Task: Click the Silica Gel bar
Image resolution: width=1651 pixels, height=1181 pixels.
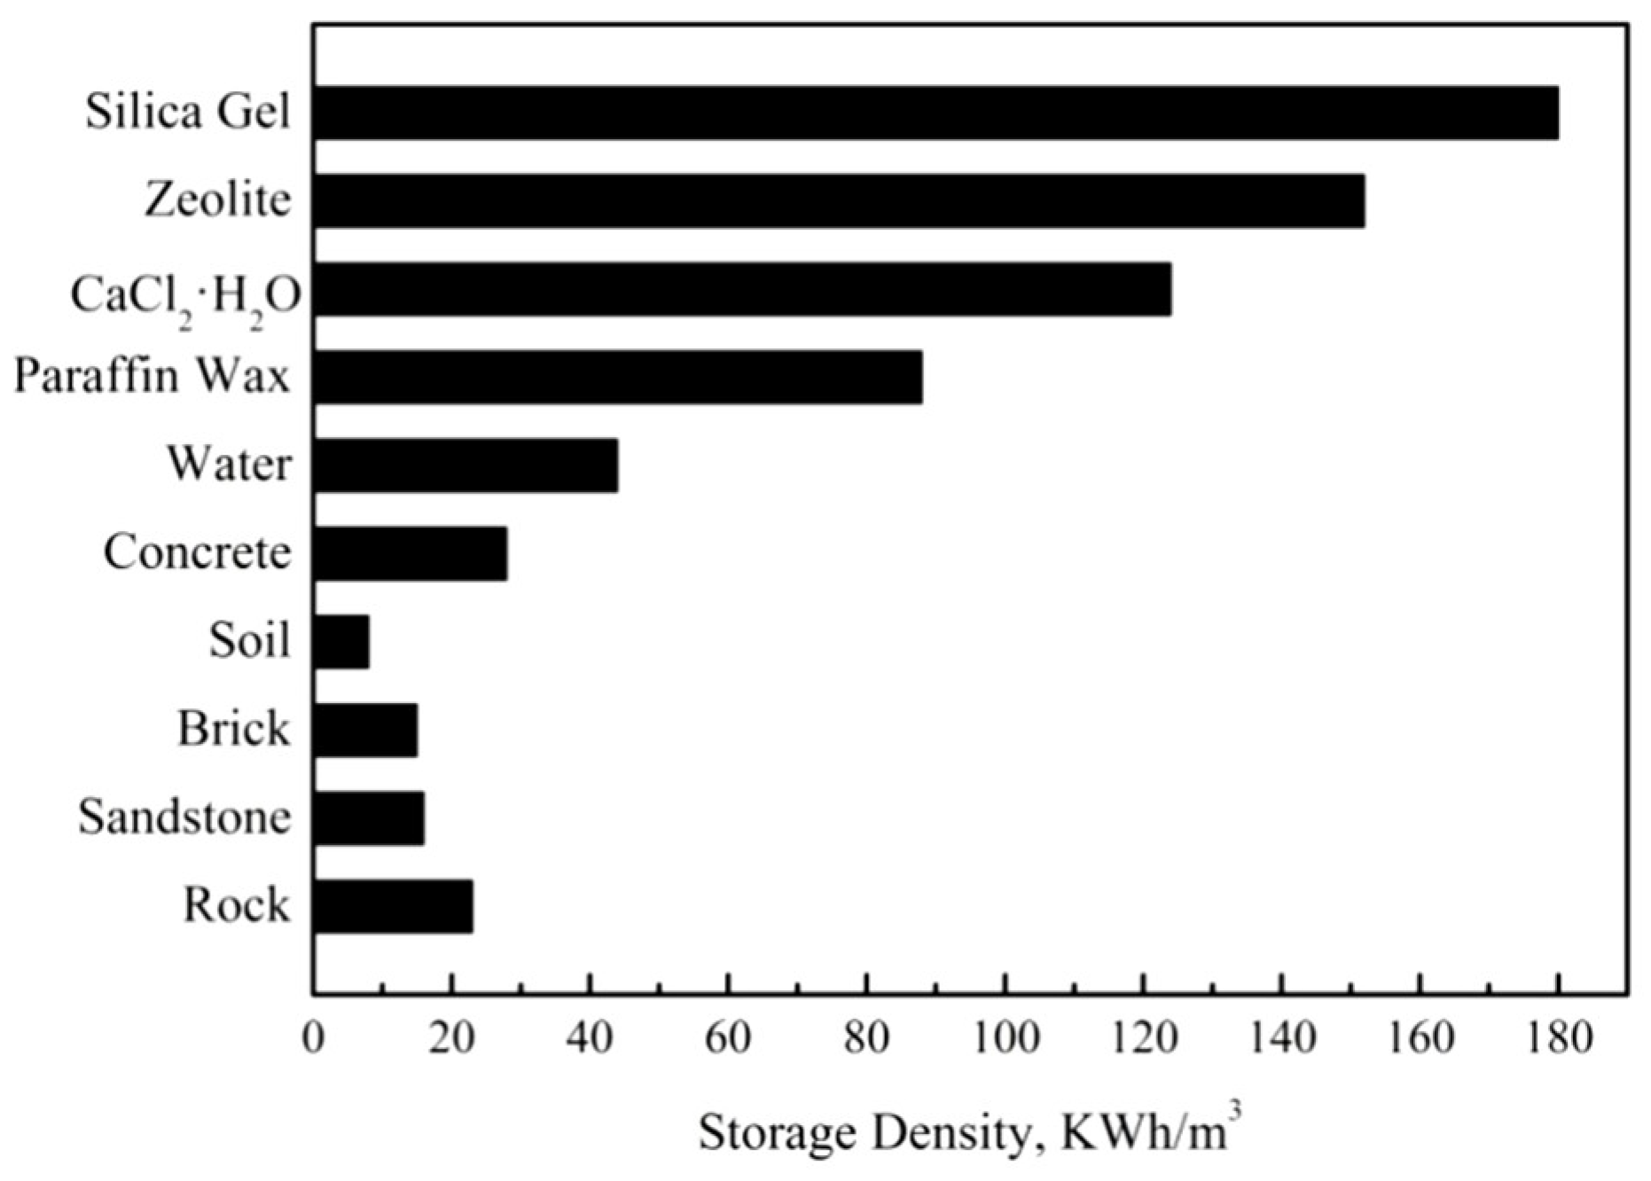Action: [935, 113]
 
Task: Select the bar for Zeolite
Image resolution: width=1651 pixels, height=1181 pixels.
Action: [839, 200]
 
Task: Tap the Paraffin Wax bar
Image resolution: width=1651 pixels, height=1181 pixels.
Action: [617, 377]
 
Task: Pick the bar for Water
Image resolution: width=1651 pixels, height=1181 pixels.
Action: [466, 465]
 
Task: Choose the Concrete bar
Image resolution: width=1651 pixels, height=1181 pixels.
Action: [410, 553]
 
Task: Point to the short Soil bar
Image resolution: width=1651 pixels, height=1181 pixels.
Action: [341, 641]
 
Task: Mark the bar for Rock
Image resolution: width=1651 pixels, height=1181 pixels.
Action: [393, 906]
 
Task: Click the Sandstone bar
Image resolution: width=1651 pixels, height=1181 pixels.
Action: [369, 817]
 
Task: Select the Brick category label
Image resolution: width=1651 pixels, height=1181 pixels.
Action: [233, 729]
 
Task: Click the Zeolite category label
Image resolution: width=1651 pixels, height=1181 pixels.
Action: [218, 199]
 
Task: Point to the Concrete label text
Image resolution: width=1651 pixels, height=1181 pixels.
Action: [197, 552]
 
